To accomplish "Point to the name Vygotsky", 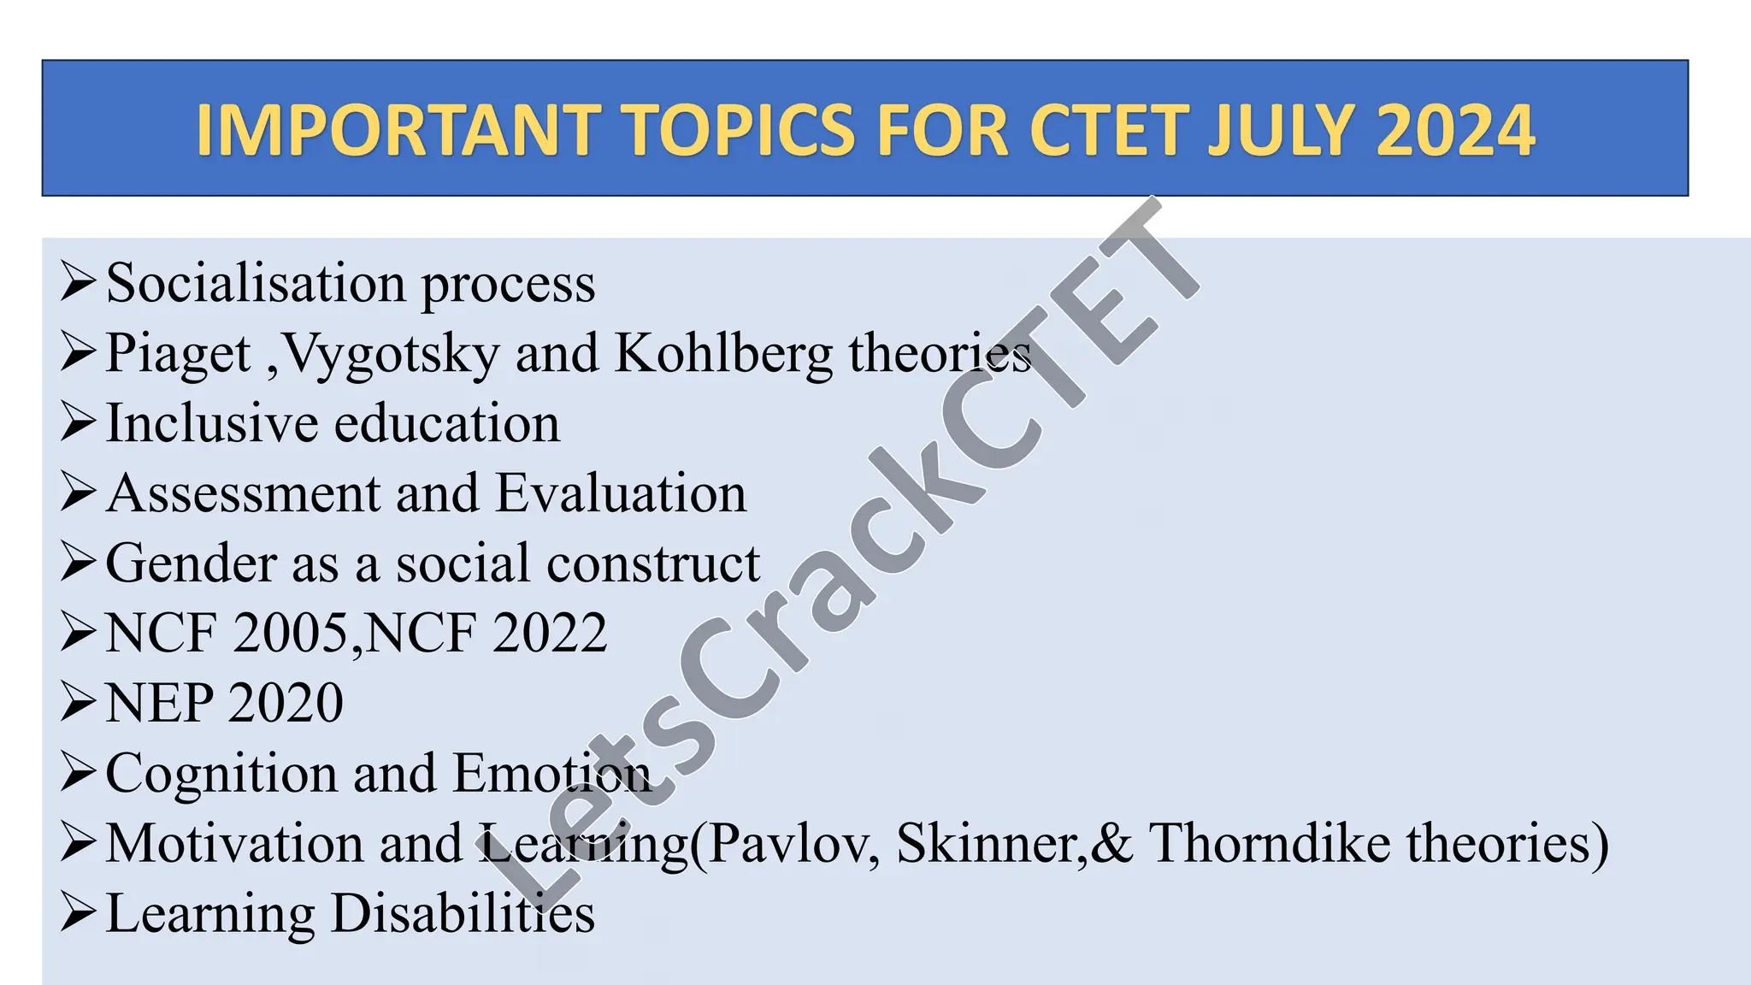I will click(x=391, y=354).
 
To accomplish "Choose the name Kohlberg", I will click(x=722, y=352).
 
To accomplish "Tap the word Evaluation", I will click(x=621, y=493).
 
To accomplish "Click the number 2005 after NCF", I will click(x=289, y=634).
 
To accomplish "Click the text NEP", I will click(x=159, y=704).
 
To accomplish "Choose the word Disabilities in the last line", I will click(x=463, y=913).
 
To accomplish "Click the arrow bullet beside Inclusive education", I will click(x=78, y=422).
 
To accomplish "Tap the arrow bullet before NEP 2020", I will click(x=78, y=703).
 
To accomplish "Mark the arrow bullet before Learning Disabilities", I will click(x=78, y=913).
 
